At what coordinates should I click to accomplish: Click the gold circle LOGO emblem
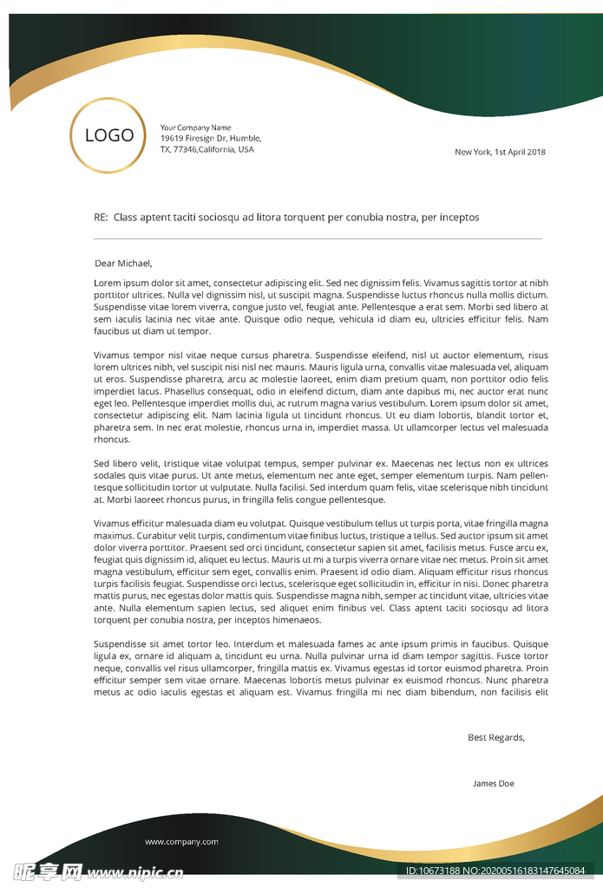(108, 135)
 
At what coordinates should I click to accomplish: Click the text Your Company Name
(195, 128)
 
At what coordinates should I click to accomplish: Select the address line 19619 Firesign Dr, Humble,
(210, 139)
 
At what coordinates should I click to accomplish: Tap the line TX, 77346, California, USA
(206, 149)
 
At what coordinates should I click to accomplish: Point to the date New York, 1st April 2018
(500, 153)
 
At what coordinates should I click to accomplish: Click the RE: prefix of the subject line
(101, 218)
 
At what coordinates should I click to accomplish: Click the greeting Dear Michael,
(123, 264)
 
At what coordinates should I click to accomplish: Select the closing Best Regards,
(495, 738)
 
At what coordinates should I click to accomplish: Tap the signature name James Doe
(493, 784)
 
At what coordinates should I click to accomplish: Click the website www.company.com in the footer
(181, 842)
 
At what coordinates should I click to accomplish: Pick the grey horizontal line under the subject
(318, 238)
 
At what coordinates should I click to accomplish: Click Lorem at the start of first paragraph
(107, 284)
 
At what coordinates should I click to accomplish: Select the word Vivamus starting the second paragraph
(112, 356)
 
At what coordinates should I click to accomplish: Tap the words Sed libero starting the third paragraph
(115, 464)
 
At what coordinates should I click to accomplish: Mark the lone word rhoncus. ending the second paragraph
(111, 440)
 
